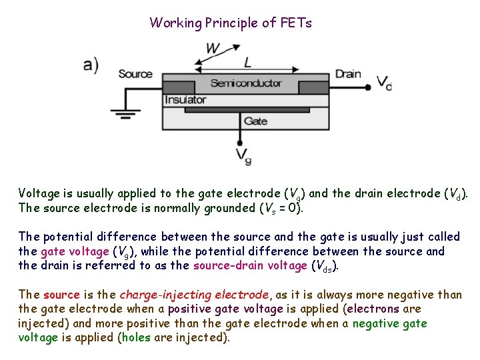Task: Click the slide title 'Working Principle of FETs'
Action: click(231, 23)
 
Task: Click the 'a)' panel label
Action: click(91, 64)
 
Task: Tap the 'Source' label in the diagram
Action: click(135, 74)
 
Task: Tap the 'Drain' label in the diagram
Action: click(348, 74)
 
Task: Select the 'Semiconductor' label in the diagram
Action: click(246, 83)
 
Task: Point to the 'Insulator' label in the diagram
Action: click(185, 100)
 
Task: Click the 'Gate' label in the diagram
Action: click(255, 121)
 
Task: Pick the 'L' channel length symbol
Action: click(248, 63)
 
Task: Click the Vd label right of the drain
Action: click(384, 83)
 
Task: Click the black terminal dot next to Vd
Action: click(367, 87)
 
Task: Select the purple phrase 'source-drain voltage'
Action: click(251, 266)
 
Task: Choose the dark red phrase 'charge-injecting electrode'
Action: click(194, 295)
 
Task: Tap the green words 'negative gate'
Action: click(390, 323)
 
